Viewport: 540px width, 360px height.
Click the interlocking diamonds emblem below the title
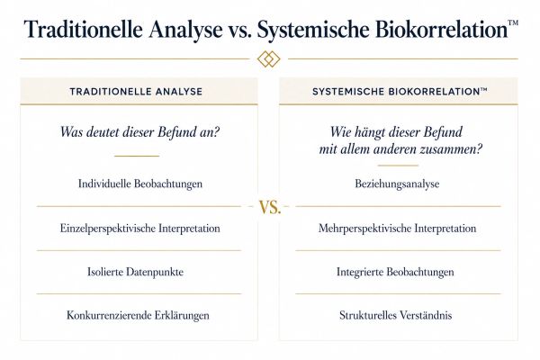coord(269,58)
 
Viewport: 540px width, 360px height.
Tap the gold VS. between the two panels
coord(270,207)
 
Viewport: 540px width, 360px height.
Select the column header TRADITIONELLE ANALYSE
coord(136,92)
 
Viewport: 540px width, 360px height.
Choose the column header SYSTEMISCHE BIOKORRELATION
coord(400,92)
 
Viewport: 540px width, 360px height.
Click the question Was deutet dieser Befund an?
coord(139,132)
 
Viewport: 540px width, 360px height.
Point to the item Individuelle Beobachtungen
coord(140,184)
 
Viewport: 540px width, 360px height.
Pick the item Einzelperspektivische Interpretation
coord(139,229)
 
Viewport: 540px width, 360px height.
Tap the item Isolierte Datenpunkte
coord(135,272)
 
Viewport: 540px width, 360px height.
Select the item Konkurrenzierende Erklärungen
coord(138,316)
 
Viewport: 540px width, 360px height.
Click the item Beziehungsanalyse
coord(397,184)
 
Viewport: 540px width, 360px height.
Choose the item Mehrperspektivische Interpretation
coord(397,229)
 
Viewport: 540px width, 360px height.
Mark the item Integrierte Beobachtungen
coord(395,272)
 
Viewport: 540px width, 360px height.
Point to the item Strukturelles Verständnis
coord(395,316)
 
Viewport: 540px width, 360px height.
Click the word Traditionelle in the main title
coord(83,29)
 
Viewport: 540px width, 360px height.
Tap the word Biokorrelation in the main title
coord(441,29)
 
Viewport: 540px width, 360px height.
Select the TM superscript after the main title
coord(513,22)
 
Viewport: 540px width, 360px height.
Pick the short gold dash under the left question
coord(137,156)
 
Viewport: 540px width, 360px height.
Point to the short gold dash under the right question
coord(398,166)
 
